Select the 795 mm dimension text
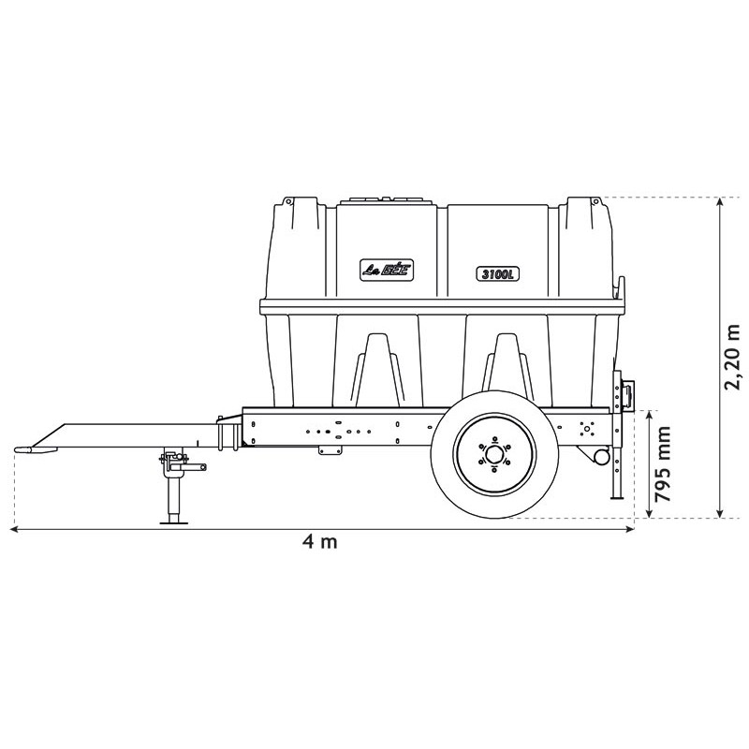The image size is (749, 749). pos(665,464)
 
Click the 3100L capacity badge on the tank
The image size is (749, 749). pos(497,273)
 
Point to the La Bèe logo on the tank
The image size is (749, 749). pos(387,269)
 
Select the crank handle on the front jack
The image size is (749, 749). pos(194,465)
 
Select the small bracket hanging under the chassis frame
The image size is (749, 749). pos(330,449)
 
